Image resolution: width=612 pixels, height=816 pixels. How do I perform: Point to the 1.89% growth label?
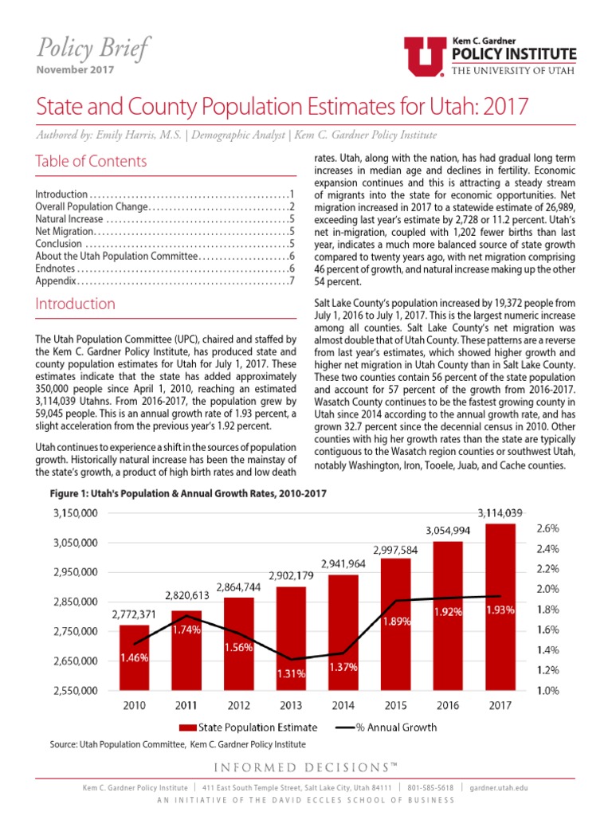click(396, 622)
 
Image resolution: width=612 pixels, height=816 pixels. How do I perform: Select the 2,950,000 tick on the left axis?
click(75, 572)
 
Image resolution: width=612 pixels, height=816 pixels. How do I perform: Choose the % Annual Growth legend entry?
click(386, 727)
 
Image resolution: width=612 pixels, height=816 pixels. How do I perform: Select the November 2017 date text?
click(75, 69)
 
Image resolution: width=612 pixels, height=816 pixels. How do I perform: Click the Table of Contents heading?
click(91, 161)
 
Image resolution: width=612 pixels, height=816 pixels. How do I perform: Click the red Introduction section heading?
click(75, 304)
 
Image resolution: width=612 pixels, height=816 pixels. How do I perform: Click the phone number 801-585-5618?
click(431, 788)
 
